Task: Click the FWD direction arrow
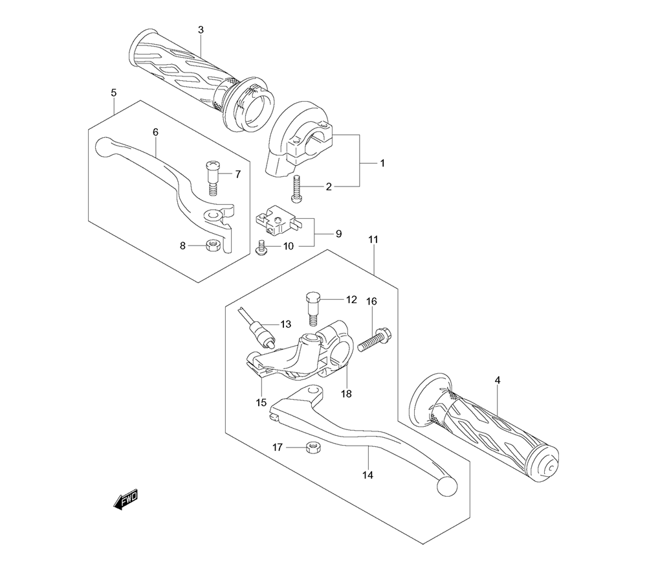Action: pos(126,499)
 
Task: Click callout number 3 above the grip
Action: pos(201,30)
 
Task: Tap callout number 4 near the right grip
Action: pos(498,380)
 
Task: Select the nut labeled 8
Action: pos(213,245)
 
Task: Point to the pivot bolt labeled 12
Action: pos(313,309)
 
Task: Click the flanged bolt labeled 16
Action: pos(374,339)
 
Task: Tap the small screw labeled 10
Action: pos(261,249)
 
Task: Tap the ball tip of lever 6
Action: pos(105,148)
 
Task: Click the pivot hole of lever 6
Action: pos(214,214)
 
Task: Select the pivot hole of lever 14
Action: pos(315,390)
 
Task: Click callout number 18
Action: pos(347,394)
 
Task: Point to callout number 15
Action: pos(261,402)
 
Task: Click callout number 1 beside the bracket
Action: pos(382,163)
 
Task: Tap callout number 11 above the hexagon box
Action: pos(373,240)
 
